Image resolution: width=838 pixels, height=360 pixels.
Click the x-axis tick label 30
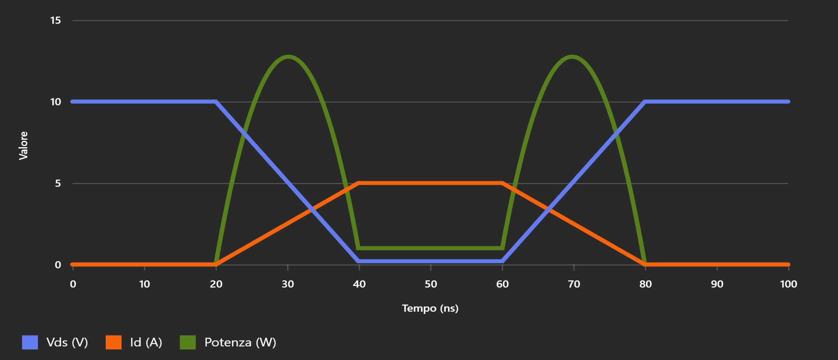[288, 284]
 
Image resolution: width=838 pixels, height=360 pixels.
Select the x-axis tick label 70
[574, 284]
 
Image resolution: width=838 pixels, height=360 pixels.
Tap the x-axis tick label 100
[788, 284]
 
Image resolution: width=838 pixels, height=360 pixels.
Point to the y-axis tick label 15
[55, 20]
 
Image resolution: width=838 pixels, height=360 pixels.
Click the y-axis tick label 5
[58, 183]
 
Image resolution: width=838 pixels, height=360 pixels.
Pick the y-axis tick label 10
[55, 102]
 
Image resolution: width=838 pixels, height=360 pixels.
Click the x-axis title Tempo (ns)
[430, 308]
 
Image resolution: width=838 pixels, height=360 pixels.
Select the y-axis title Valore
[23, 146]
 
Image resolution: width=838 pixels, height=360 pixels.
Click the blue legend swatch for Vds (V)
[30, 342]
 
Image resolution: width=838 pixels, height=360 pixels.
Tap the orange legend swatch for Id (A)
[114, 342]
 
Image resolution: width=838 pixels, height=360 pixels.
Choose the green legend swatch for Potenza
[188, 342]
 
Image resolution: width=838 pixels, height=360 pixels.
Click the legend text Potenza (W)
[240, 342]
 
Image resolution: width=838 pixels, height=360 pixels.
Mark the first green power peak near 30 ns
[288, 57]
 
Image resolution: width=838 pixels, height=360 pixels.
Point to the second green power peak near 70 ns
[573, 57]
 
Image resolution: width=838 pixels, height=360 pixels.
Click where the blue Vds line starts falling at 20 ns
[216, 102]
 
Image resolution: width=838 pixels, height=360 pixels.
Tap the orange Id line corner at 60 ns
[502, 183]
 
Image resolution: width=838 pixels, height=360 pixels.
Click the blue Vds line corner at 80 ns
[645, 102]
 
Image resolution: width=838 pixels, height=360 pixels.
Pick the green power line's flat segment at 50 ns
[431, 248]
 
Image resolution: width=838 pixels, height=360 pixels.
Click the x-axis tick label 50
[431, 284]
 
